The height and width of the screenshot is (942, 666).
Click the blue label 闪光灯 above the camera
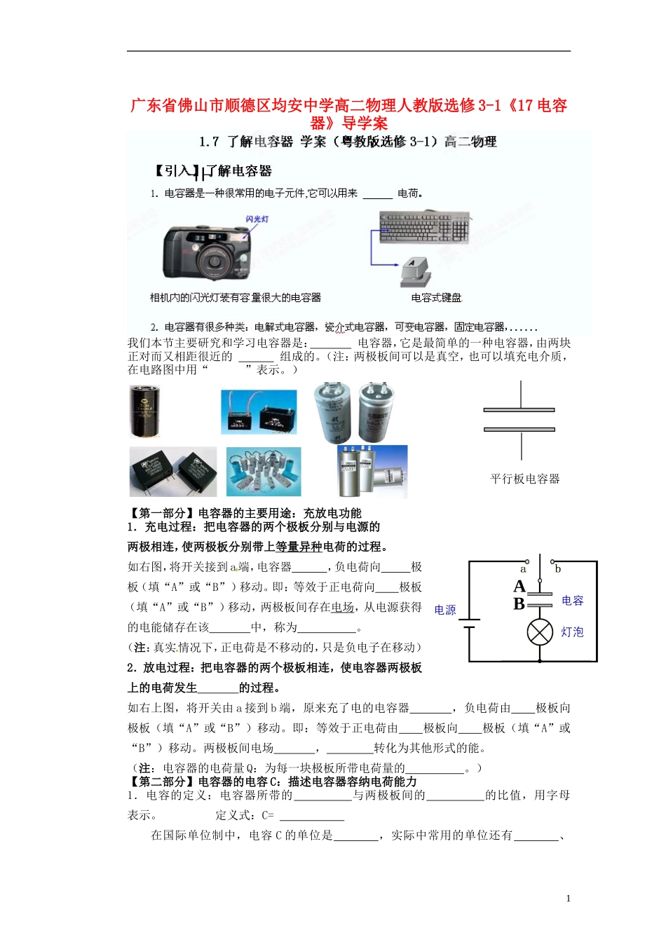point(257,219)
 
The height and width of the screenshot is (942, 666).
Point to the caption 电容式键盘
point(436,298)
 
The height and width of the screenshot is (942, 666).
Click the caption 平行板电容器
point(524,479)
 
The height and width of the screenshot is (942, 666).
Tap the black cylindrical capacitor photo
point(145,411)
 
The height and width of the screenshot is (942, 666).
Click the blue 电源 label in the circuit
point(445,610)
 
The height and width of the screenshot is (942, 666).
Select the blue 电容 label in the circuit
point(572,601)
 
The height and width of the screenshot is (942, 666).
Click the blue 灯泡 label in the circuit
point(572,632)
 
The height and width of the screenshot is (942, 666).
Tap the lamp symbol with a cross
point(540,632)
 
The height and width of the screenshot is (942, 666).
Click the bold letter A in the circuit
point(519,586)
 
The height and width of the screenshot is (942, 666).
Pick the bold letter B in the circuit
point(519,603)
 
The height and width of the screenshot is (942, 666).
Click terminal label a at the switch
point(523,569)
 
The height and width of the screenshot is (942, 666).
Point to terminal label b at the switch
point(558,569)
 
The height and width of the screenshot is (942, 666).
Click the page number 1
point(568,899)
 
